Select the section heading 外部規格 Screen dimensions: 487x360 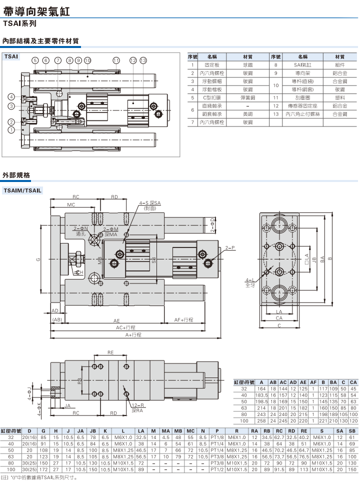click(x=16, y=175)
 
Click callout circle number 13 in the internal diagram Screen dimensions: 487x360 click(x=143, y=60)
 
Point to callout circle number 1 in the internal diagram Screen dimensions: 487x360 click(x=10, y=130)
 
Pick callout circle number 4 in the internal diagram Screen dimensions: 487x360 click(x=10, y=96)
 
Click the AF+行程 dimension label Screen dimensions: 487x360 click(x=183, y=319)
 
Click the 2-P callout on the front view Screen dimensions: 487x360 click(x=229, y=248)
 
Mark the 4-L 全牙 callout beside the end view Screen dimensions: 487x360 click(x=250, y=282)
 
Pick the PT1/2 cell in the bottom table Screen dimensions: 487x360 click(x=216, y=469)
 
